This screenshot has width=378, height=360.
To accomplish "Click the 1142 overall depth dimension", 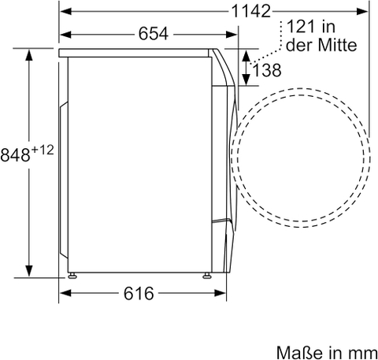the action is [250, 11].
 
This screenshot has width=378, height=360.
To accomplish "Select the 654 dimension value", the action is [153, 34].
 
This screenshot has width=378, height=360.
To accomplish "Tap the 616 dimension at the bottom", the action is [139, 293].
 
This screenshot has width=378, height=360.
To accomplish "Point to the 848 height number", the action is [15, 154].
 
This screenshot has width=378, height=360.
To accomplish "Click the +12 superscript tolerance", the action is [43, 150].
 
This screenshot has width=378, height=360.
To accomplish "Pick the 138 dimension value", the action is [267, 70].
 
